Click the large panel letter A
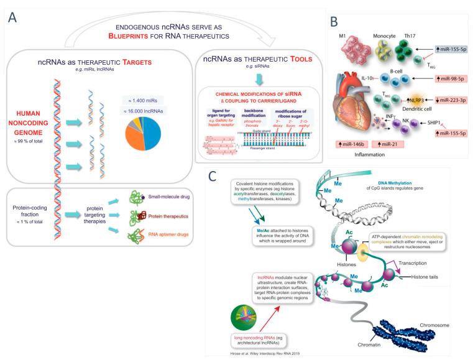coord(13,17)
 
